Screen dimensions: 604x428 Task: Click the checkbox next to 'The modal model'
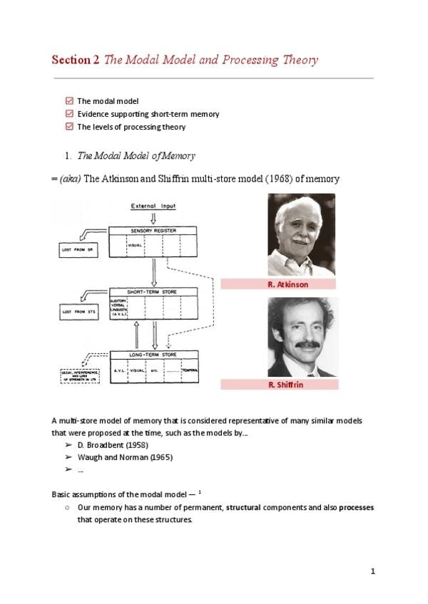click(68, 101)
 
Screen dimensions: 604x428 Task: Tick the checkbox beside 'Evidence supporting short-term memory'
click(68, 114)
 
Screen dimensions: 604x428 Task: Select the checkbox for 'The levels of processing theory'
click(68, 127)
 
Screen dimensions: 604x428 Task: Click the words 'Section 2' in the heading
click(76, 61)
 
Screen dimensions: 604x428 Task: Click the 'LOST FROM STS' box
click(78, 311)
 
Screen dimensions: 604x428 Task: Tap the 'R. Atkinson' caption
click(277, 284)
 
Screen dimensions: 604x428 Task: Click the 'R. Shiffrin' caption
click(277, 385)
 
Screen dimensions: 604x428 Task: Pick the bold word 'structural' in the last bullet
click(248, 508)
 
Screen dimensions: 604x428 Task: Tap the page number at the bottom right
click(372, 572)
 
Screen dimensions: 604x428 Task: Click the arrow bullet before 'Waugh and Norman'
click(68, 457)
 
